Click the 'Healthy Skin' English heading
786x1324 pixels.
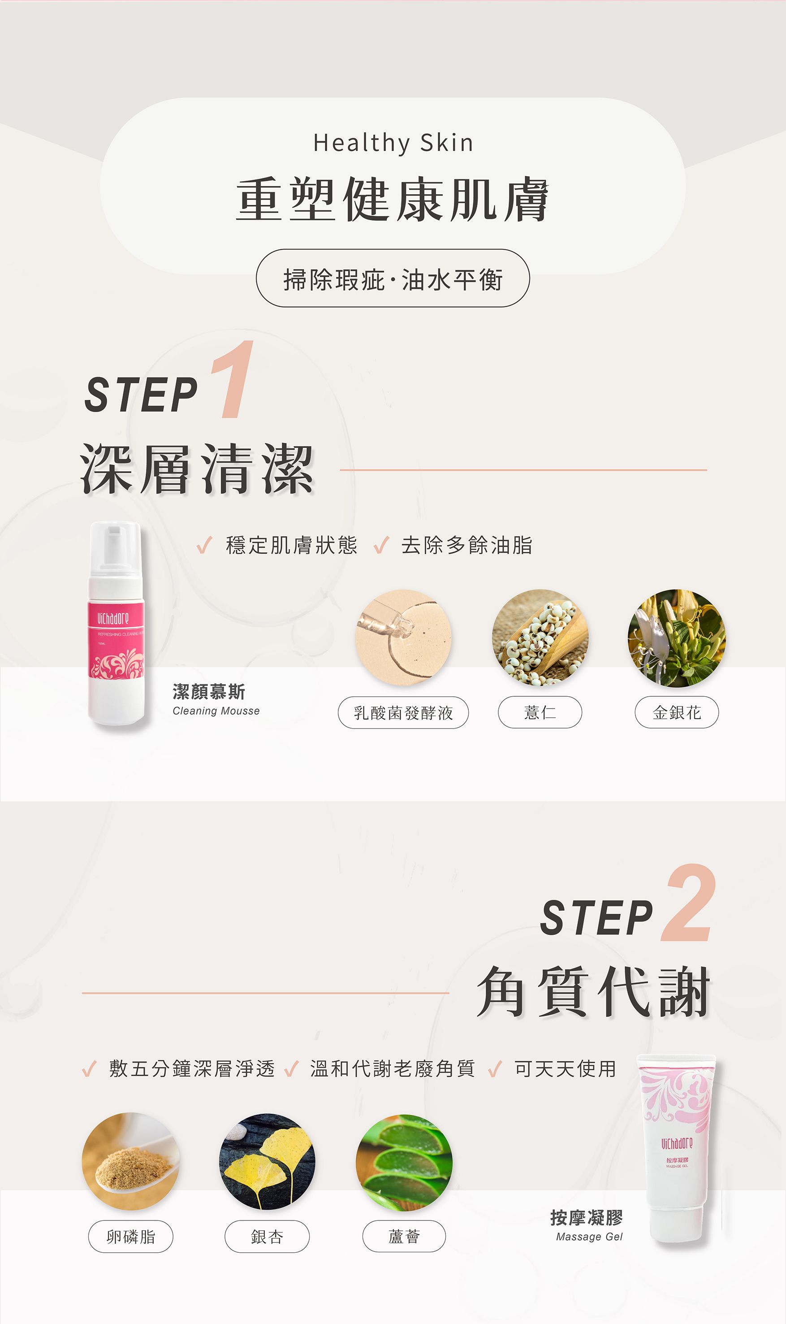coord(393,143)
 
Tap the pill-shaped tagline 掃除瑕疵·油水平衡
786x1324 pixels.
coord(393,279)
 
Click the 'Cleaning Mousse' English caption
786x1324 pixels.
coord(216,711)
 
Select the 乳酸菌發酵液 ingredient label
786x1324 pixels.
coord(403,712)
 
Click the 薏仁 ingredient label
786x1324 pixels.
coord(540,712)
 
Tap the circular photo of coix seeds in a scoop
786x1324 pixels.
coord(540,638)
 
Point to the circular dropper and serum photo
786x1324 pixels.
coord(403,638)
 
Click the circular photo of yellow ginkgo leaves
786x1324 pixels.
coord(267,1161)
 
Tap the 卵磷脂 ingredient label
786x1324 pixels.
coord(130,1237)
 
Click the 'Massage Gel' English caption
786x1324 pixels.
coord(589,1237)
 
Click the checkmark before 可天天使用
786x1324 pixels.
coord(495,1069)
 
